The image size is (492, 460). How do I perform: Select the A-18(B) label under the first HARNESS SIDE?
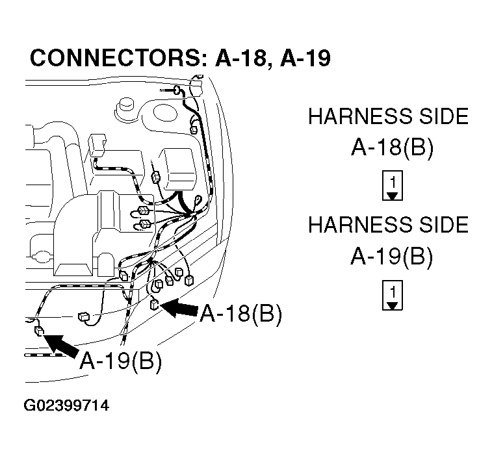[391, 149]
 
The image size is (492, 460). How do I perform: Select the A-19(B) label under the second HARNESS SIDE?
[391, 257]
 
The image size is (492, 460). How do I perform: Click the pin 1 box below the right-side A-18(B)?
[391, 186]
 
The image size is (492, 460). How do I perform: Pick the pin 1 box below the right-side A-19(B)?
[391, 294]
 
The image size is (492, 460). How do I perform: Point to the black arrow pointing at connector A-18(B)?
[179, 309]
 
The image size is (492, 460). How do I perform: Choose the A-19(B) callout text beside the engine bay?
[120, 361]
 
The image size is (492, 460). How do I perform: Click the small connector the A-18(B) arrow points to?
[155, 305]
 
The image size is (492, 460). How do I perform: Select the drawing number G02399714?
[66, 406]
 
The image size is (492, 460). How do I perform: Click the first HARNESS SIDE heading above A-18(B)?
[388, 116]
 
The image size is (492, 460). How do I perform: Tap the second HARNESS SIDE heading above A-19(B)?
[388, 225]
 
